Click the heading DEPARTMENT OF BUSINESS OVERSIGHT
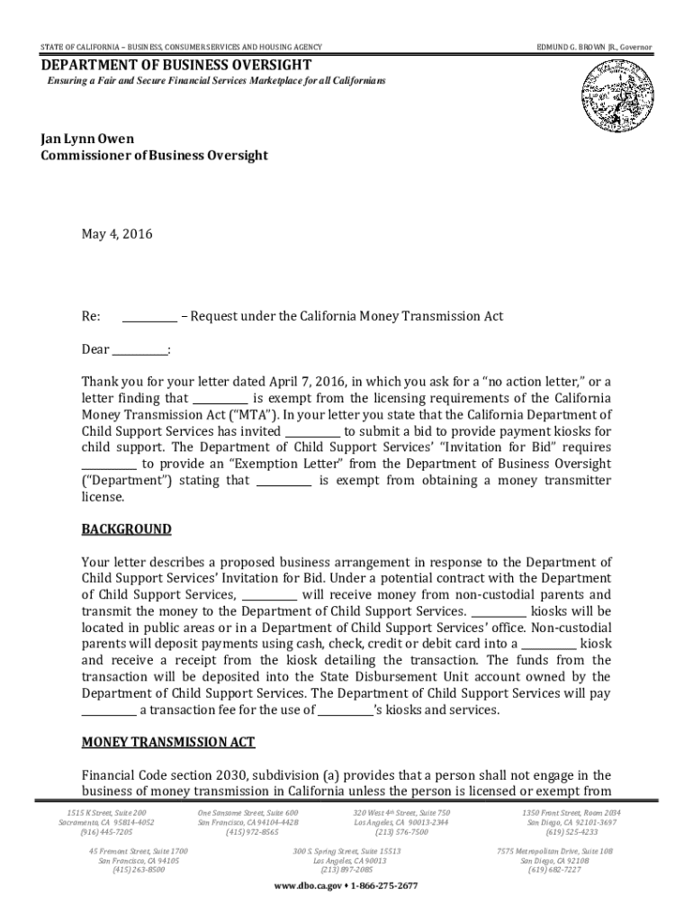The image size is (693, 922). point(175,66)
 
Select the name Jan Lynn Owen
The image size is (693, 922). point(87,139)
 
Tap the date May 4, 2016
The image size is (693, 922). point(117,235)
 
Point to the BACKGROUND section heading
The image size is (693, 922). point(126,529)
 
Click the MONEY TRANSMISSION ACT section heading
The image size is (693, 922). point(168,742)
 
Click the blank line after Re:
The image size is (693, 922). point(149,317)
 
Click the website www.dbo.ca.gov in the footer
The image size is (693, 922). point(307,886)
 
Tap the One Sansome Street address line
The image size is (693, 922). point(247,813)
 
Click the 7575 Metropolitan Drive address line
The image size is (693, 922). point(554,851)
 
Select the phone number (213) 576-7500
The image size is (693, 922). point(401,833)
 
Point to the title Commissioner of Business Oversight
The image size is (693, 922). point(154,156)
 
